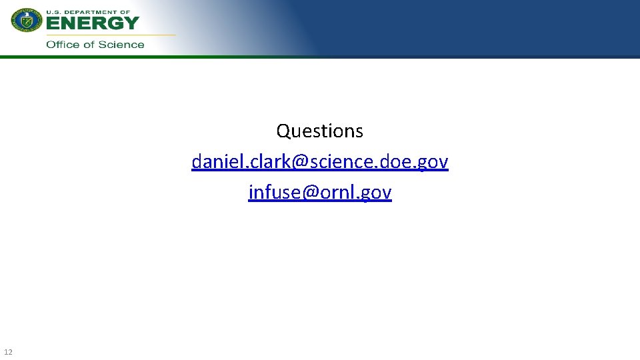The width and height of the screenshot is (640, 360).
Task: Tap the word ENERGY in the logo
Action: pyautogui.click(x=93, y=23)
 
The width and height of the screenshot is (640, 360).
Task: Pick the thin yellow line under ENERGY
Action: pyautogui.click(x=110, y=34)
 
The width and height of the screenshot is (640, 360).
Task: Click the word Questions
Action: pyautogui.click(x=320, y=131)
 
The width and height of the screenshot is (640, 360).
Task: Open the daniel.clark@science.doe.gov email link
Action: pyautogui.click(x=320, y=162)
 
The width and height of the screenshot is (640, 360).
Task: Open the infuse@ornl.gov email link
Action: pyautogui.click(x=320, y=193)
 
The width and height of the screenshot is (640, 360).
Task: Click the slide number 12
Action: pyautogui.click(x=8, y=351)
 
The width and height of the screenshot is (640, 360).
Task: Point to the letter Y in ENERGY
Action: pyautogui.click(x=131, y=23)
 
